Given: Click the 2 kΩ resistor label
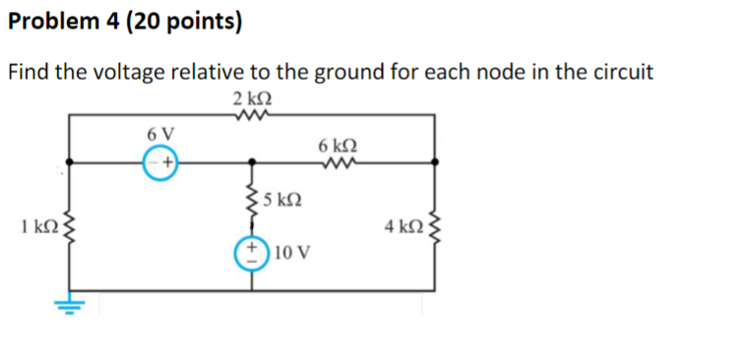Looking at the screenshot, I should pos(252,98).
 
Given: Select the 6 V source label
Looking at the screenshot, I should pos(159,134).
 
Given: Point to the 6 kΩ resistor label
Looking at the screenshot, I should pos(338,145).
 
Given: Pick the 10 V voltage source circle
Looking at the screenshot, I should pos(249,251).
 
